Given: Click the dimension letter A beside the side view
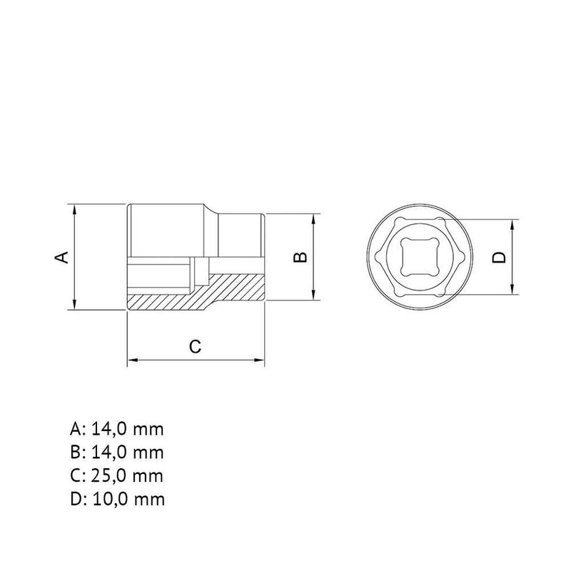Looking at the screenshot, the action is [x=61, y=257].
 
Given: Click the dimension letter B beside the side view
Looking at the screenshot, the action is [x=300, y=258].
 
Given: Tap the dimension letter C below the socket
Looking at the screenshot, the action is [x=195, y=346].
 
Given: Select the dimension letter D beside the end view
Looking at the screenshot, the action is [x=499, y=258].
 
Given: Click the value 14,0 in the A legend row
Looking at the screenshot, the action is [x=109, y=430].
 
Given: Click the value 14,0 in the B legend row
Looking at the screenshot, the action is [x=109, y=453].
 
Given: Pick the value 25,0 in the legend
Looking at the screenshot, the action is [x=109, y=476].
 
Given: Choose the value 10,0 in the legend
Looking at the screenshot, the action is [x=111, y=499].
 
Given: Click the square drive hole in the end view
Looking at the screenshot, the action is [x=420, y=257].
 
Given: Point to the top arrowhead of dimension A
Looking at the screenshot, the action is [x=74, y=209].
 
